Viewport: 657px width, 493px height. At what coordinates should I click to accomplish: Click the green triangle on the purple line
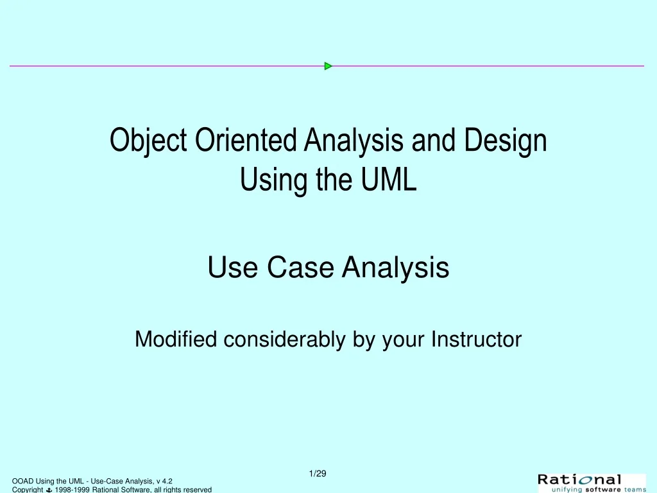click(328, 66)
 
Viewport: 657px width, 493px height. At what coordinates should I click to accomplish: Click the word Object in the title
click(148, 141)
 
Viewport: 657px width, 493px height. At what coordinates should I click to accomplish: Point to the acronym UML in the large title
click(389, 179)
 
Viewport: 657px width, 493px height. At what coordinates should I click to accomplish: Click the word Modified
click(176, 339)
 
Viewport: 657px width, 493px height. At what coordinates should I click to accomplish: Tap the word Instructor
click(477, 339)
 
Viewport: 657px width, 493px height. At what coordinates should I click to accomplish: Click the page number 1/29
click(318, 474)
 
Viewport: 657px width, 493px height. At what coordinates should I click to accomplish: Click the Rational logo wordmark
click(579, 480)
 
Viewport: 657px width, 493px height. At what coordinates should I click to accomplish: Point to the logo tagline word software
click(603, 489)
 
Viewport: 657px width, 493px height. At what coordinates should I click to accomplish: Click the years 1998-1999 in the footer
click(73, 490)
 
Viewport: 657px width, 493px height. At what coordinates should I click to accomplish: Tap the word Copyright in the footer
click(28, 490)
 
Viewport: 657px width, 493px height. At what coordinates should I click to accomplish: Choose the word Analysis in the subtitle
click(395, 268)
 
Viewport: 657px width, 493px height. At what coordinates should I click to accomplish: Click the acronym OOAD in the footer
click(22, 481)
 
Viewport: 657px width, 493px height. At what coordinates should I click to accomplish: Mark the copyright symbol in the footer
click(49, 490)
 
